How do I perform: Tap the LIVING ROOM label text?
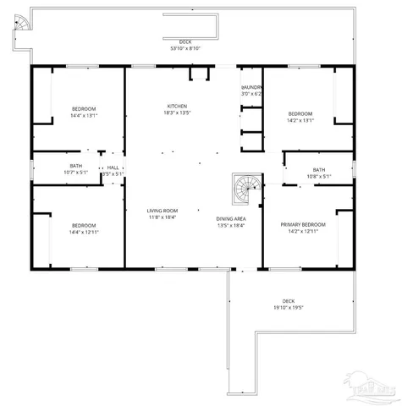pyautogui.click(x=162, y=210)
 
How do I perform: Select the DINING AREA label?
pyautogui.click(x=230, y=218)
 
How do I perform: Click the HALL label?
pyautogui.click(x=113, y=167)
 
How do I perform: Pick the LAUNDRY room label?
pyautogui.click(x=252, y=87)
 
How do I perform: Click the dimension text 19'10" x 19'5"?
pyautogui.click(x=289, y=308)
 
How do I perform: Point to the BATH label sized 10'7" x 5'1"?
pyautogui.click(x=76, y=173)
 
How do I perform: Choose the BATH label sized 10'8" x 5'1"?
pyautogui.click(x=318, y=177)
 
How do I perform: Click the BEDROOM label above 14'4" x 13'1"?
pyautogui.click(x=84, y=108)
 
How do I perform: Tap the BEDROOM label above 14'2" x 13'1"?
pyautogui.click(x=300, y=113)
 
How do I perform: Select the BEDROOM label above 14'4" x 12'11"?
pyautogui.click(x=84, y=225)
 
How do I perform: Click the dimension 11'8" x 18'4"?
pyautogui.click(x=162, y=217)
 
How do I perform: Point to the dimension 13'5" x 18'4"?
pyautogui.click(x=230, y=225)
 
